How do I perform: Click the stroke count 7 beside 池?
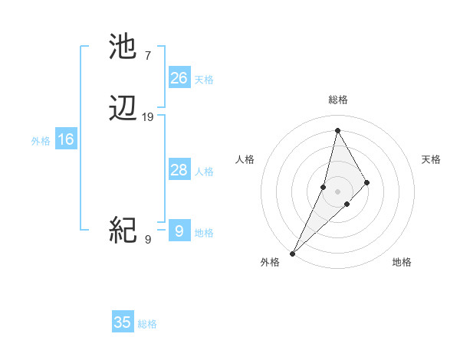tap(148, 55)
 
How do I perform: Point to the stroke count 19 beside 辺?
tap(148, 117)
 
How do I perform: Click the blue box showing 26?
tap(179, 78)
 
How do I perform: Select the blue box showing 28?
tap(179, 170)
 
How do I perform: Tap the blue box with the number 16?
tap(66, 139)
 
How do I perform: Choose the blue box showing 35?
tap(123, 322)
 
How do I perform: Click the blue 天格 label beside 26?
tap(204, 80)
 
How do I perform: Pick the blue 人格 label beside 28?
tap(204, 172)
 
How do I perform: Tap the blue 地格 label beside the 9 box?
tap(204, 233)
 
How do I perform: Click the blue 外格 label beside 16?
tap(41, 141)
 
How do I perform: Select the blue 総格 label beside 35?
tap(147, 324)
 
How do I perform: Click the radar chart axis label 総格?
tap(338, 100)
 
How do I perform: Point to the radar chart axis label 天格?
tap(432, 159)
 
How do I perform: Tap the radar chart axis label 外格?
tap(270, 263)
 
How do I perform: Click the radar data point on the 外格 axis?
tap(292, 253)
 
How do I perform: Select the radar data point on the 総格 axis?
tap(337, 129)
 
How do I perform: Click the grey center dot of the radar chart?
tap(337, 191)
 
